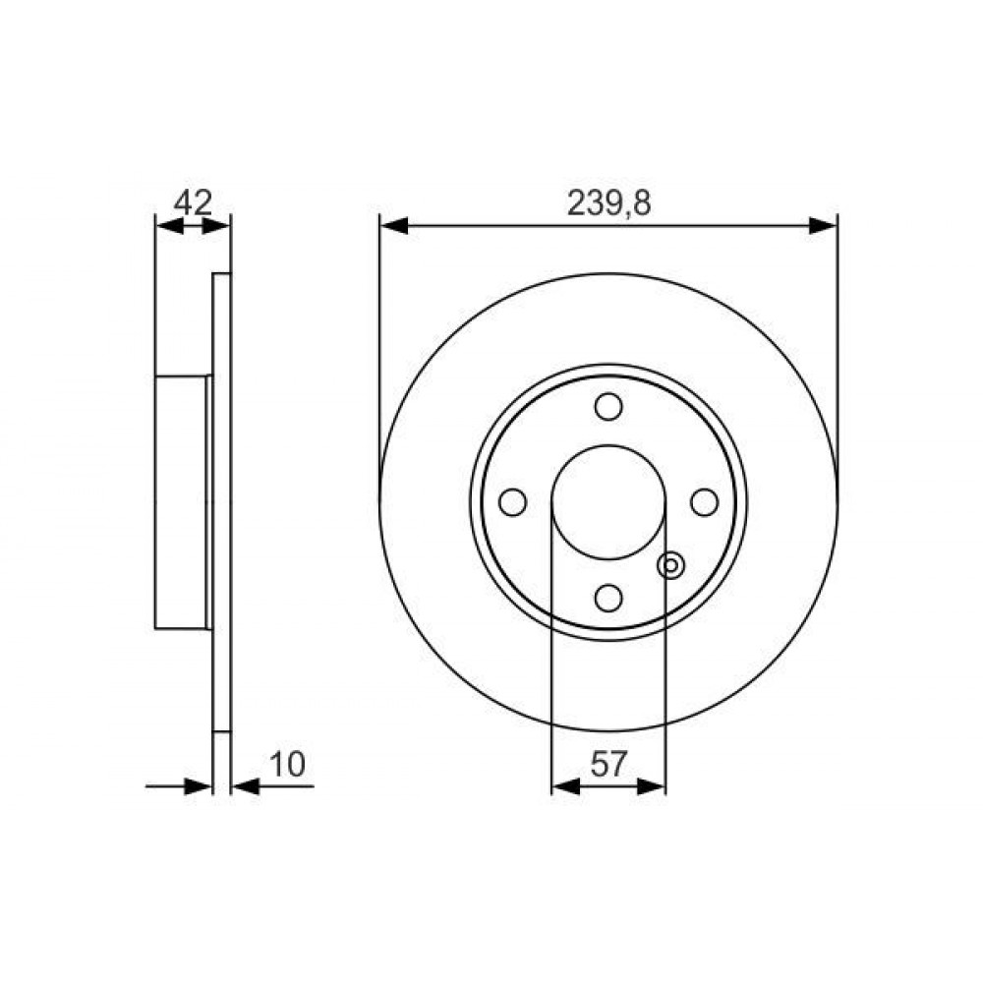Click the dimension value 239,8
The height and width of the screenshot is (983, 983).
point(608,202)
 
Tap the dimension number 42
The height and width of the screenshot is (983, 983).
point(193,202)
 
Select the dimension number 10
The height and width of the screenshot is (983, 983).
point(286,764)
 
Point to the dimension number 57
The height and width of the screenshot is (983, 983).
point(608,764)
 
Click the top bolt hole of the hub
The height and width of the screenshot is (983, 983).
point(608,406)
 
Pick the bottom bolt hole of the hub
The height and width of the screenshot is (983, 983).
point(608,598)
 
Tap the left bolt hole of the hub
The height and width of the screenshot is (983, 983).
point(512,502)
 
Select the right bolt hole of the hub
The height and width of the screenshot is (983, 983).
point(704,502)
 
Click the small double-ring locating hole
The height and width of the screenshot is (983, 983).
point(670,565)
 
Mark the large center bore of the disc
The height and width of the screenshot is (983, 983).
point(608,502)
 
